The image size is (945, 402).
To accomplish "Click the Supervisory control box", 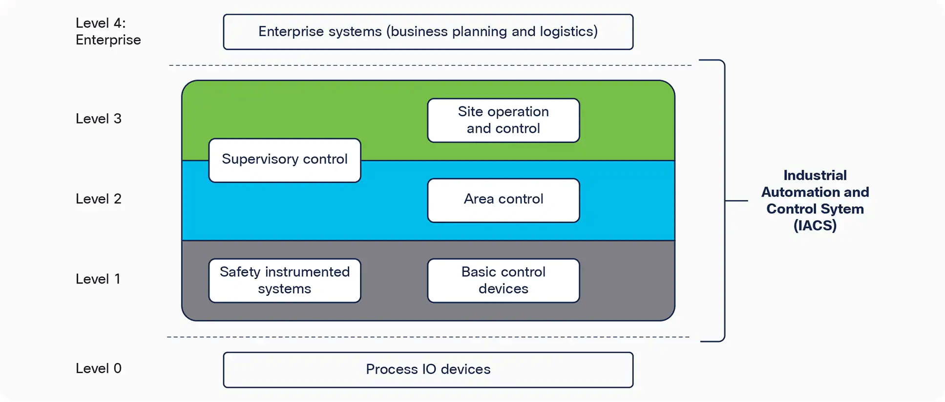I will pyautogui.click(x=285, y=161).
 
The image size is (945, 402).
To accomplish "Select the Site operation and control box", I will pyautogui.click(x=503, y=121).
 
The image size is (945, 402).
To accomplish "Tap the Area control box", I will pyautogui.click(x=503, y=200).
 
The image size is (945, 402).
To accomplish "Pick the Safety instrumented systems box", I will pyautogui.click(x=285, y=281).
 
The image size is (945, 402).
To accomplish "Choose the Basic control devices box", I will pyautogui.click(x=503, y=281).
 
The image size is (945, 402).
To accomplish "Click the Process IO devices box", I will pyautogui.click(x=428, y=369).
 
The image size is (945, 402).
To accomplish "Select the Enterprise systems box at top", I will pyautogui.click(x=428, y=32).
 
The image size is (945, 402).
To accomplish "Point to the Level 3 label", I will pyautogui.click(x=98, y=119).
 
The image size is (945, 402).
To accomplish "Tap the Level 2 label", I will pyautogui.click(x=98, y=199).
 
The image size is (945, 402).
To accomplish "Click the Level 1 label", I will pyautogui.click(x=98, y=279).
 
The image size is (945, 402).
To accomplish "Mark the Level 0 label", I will pyautogui.click(x=98, y=368).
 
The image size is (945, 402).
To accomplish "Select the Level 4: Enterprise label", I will pyautogui.click(x=108, y=31).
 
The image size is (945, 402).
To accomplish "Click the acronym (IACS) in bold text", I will pyautogui.click(x=815, y=225).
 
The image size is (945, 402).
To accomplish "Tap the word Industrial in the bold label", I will pyautogui.click(x=815, y=175).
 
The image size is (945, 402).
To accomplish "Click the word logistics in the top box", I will pyautogui.click(x=568, y=32).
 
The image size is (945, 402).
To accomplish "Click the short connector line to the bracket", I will pyautogui.click(x=736, y=201).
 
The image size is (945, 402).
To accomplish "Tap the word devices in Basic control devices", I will pyautogui.click(x=503, y=289).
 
